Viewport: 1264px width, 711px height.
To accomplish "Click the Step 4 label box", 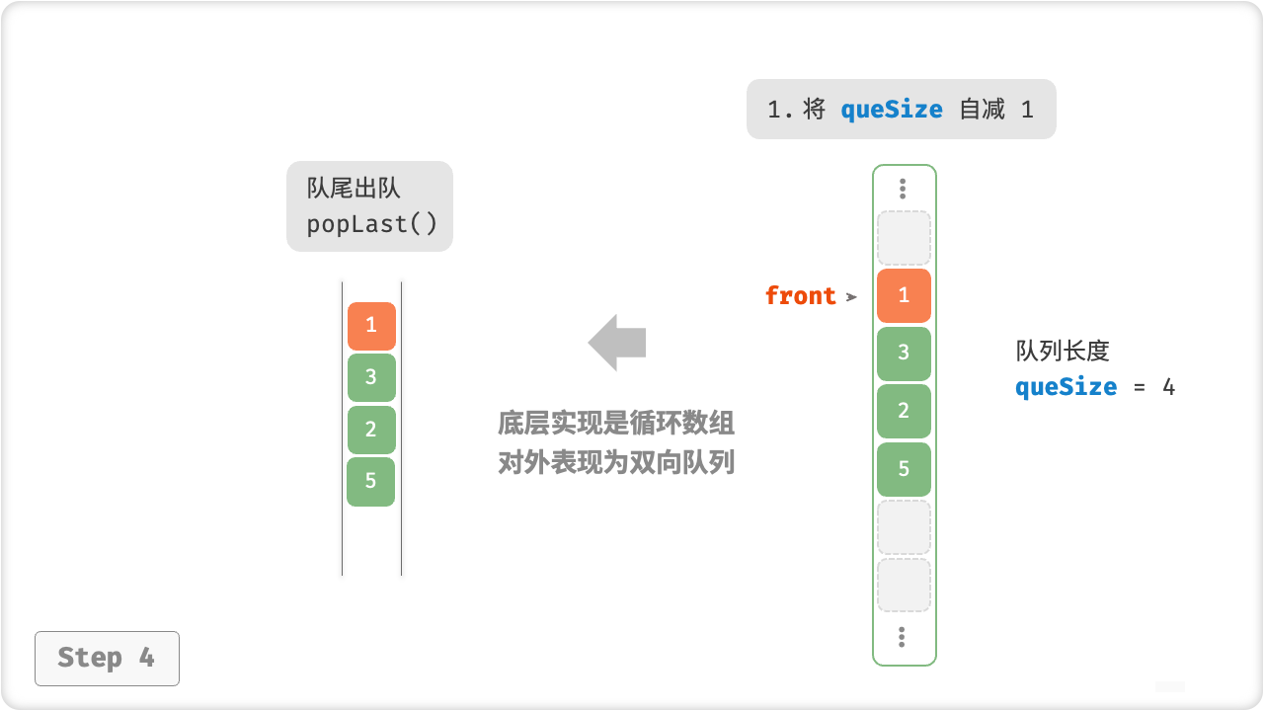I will point(107,658).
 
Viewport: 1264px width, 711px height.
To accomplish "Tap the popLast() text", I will point(371,224).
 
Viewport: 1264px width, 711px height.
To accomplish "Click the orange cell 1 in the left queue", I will point(371,325).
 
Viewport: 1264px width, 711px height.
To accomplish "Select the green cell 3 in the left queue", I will point(371,376).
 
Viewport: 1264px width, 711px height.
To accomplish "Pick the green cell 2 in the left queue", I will point(371,429).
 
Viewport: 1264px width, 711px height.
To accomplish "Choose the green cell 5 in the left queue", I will point(371,481).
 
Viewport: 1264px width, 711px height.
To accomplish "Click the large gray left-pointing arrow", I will point(617,343).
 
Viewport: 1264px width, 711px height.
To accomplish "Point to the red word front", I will point(800,295).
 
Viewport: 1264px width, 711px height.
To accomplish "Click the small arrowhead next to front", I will point(851,296).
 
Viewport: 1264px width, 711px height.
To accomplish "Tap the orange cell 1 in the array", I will point(904,295).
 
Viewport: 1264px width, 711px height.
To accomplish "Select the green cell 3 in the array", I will point(904,353).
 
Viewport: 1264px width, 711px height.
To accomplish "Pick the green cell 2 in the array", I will point(904,411).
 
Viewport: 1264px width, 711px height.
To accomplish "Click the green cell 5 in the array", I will point(904,469).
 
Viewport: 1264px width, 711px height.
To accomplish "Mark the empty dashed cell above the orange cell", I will point(904,237).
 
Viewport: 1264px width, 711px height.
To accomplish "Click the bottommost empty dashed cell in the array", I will point(904,586).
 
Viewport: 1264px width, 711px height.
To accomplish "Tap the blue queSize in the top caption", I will point(892,110).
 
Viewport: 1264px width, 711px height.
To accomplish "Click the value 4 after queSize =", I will point(1168,386).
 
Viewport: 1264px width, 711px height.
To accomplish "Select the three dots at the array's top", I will point(903,188).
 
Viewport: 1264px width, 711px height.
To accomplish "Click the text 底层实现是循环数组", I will point(616,424).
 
